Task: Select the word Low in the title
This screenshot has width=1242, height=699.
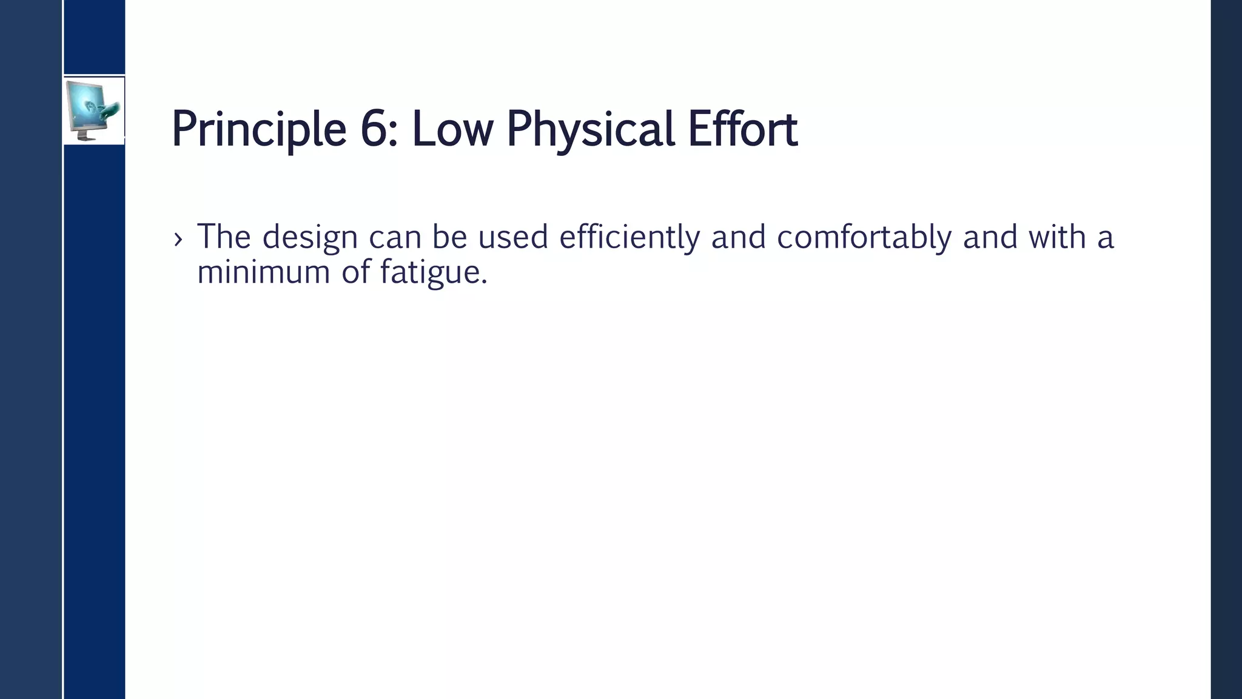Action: pyautogui.click(x=452, y=129)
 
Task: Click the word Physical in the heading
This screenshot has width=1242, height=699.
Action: pyautogui.click(x=590, y=129)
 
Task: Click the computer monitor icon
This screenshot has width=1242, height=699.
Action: pyautogui.click(x=93, y=110)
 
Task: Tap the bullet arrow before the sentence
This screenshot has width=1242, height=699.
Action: pyautogui.click(x=178, y=239)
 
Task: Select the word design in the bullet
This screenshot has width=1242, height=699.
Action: pyautogui.click(x=310, y=237)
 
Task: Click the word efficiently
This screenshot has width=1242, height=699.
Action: pyautogui.click(x=629, y=237)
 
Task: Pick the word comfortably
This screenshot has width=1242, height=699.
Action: pyautogui.click(x=864, y=237)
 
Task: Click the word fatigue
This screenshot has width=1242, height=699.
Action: pyautogui.click(x=433, y=272)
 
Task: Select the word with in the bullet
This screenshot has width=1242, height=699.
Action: pyautogui.click(x=1056, y=237)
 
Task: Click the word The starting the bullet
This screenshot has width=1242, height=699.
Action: pyautogui.click(x=224, y=237)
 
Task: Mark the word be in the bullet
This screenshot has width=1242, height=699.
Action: pyautogui.click(x=449, y=237)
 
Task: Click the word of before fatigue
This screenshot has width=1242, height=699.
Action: pyautogui.click(x=355, y=272)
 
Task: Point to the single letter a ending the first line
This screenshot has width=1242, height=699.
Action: pyautogui.click(x=1106, y=238)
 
